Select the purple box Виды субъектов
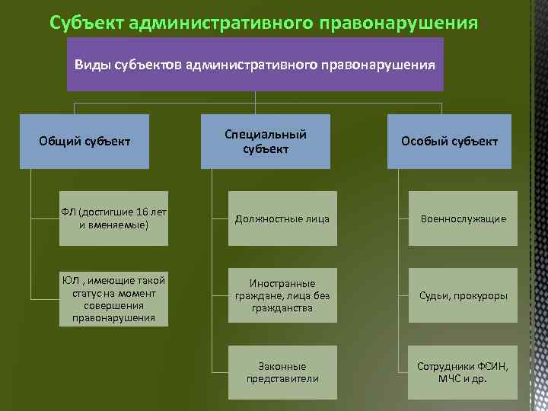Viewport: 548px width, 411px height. point(255,64)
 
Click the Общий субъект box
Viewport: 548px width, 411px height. point(84,141)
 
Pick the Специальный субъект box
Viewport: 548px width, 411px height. point(266,141)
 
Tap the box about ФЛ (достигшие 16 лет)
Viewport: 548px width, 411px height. point(114,218)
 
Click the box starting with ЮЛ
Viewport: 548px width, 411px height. point(114,298)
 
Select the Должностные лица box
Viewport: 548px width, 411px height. point(282,218)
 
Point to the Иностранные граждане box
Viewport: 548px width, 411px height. point(282,295)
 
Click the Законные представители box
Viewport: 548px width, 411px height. point(282,371)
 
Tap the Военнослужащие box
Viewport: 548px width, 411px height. point(463,218)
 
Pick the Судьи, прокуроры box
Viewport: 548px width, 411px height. point(463,295)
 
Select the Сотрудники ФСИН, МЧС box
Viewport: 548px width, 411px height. point(463,371)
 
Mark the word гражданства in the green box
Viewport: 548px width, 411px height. point(282,308)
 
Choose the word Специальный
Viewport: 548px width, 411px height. point(266,135)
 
